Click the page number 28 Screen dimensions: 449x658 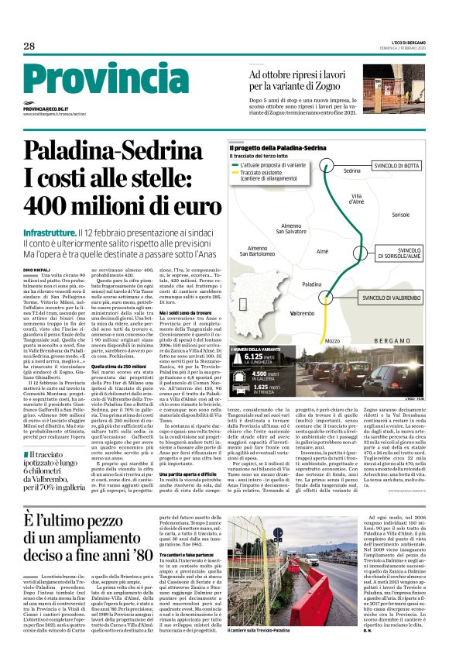[x=29, y=47]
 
